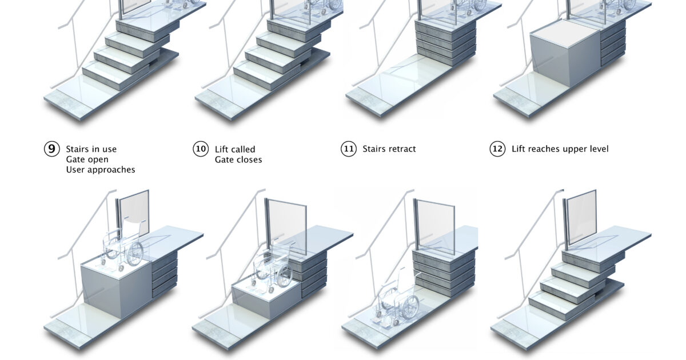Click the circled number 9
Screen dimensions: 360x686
(52, 149)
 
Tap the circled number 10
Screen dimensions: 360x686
(200, 149)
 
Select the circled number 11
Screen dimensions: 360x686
(349, 149)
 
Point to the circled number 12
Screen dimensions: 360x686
(497, 149)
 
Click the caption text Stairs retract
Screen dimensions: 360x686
(389, 149)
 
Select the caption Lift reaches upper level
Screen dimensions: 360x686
(560, 149)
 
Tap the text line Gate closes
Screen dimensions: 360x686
(238, 160)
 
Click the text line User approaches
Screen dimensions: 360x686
(101, 170)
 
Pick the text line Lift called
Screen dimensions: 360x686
(235, 149)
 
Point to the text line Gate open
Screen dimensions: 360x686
(87, 160)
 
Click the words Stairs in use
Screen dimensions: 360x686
(91, 149)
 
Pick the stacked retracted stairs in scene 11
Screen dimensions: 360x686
(445, 40)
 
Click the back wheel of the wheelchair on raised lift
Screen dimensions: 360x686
(135, 253)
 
